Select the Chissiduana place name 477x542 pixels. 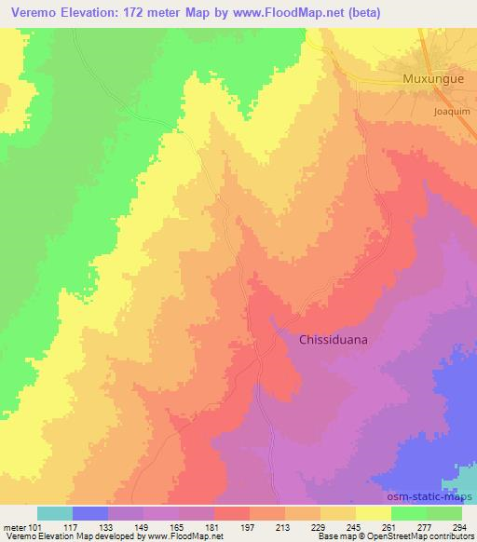pyautogui.click(x=333, y=340)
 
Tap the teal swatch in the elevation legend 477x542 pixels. pyautogui.click(x=55, y=513)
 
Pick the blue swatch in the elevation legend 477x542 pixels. pyautogui.click(x=90, y=513)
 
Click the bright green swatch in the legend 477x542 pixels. pyautogui.click(x=410, y=513)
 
